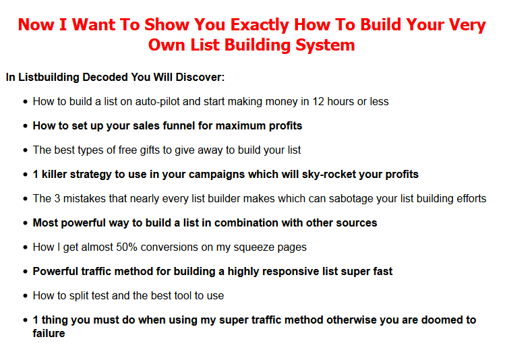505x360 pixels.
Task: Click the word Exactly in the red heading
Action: (260, 25)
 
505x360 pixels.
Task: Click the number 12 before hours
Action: (318, 102)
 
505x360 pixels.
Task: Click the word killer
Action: (55, 174)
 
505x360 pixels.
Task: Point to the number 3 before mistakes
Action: (57, 199)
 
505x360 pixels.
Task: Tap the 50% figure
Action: (127, 247)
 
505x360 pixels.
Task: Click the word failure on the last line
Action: (49, 334)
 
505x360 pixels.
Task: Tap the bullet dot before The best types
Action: (26, 151)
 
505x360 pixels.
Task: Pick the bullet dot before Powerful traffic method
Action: (26, 272)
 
